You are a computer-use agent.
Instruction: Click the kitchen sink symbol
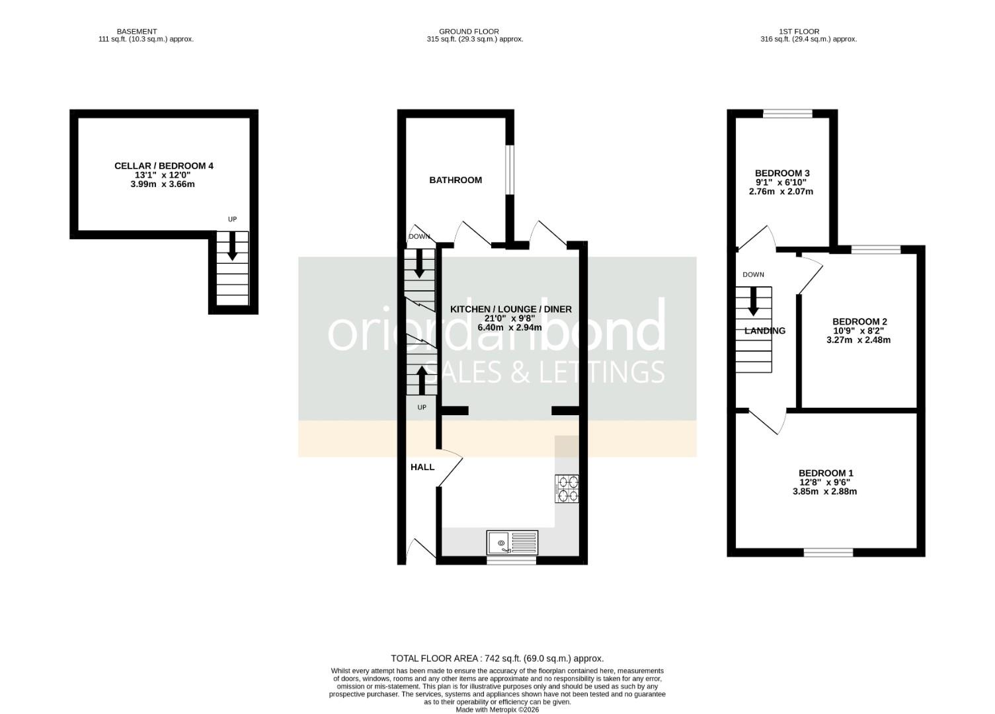[514, 543]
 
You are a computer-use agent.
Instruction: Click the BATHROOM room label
[456, 180]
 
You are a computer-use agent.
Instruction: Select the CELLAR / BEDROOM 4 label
[164, 166]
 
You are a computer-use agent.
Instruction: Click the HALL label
[422, 467]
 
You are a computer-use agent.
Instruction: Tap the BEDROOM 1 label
[826, 473]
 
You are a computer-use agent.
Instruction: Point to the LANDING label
[765, 331]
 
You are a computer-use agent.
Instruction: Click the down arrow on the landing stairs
[753, 301]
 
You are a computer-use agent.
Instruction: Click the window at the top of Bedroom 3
[788, 114]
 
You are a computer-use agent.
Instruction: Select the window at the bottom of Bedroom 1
[828, 552]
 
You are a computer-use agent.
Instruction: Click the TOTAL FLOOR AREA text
[497, 658]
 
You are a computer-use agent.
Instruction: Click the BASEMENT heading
[137, 31]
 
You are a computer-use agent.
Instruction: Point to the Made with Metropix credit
[497, 709]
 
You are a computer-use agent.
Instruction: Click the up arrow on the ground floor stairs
[422, 380]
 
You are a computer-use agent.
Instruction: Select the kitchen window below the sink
[511, 561]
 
